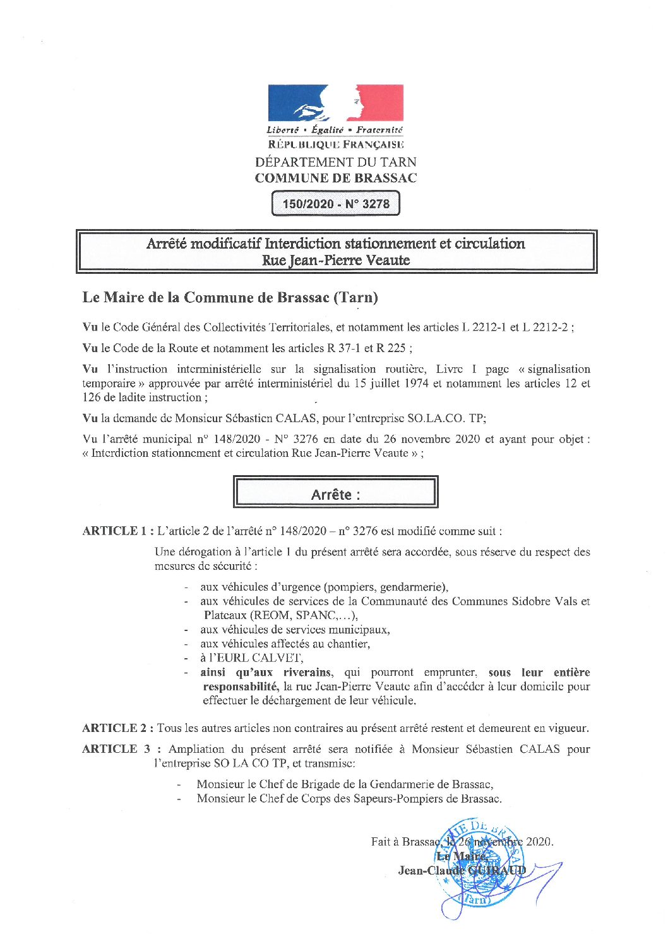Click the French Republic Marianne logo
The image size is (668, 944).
tap(335, 103)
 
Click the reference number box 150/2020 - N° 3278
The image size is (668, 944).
tap(335, 204)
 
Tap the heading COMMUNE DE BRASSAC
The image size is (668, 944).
tap(335, 178)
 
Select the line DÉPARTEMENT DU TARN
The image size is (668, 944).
tap(335, 162)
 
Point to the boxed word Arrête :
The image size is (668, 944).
tap(335, 495)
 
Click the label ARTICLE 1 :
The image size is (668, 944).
tap(118, 531)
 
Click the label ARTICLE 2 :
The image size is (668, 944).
tap(118, 728)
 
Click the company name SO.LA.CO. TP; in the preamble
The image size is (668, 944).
tap(447, 418)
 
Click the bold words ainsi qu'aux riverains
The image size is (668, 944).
tap(265, 673)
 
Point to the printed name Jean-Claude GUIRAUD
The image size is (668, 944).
tap(462, 871)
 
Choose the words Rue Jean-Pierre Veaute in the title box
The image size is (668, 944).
tap(335, 260)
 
